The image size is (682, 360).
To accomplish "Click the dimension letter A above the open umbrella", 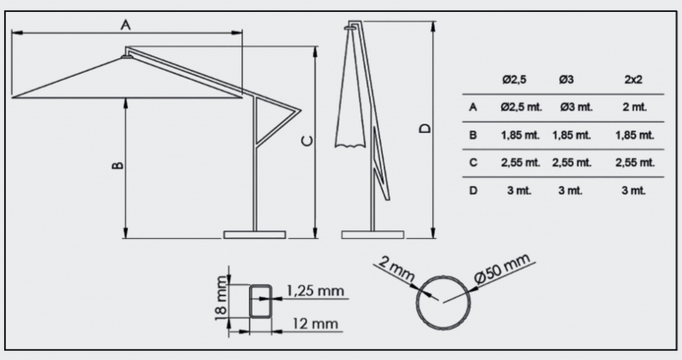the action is point(125,25).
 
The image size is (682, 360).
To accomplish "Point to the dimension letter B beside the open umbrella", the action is point(118,165).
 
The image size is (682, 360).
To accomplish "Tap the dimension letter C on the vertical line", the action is point(307,141).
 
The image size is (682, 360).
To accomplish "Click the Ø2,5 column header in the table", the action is point(514,79).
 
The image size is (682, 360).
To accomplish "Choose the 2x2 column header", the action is point(633,79).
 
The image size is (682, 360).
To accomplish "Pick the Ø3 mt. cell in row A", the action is point(576,107).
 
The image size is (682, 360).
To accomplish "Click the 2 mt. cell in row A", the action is point(634,107).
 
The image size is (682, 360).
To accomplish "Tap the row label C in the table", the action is point(474,162).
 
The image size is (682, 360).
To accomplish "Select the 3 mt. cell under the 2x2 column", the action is point(633,190).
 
